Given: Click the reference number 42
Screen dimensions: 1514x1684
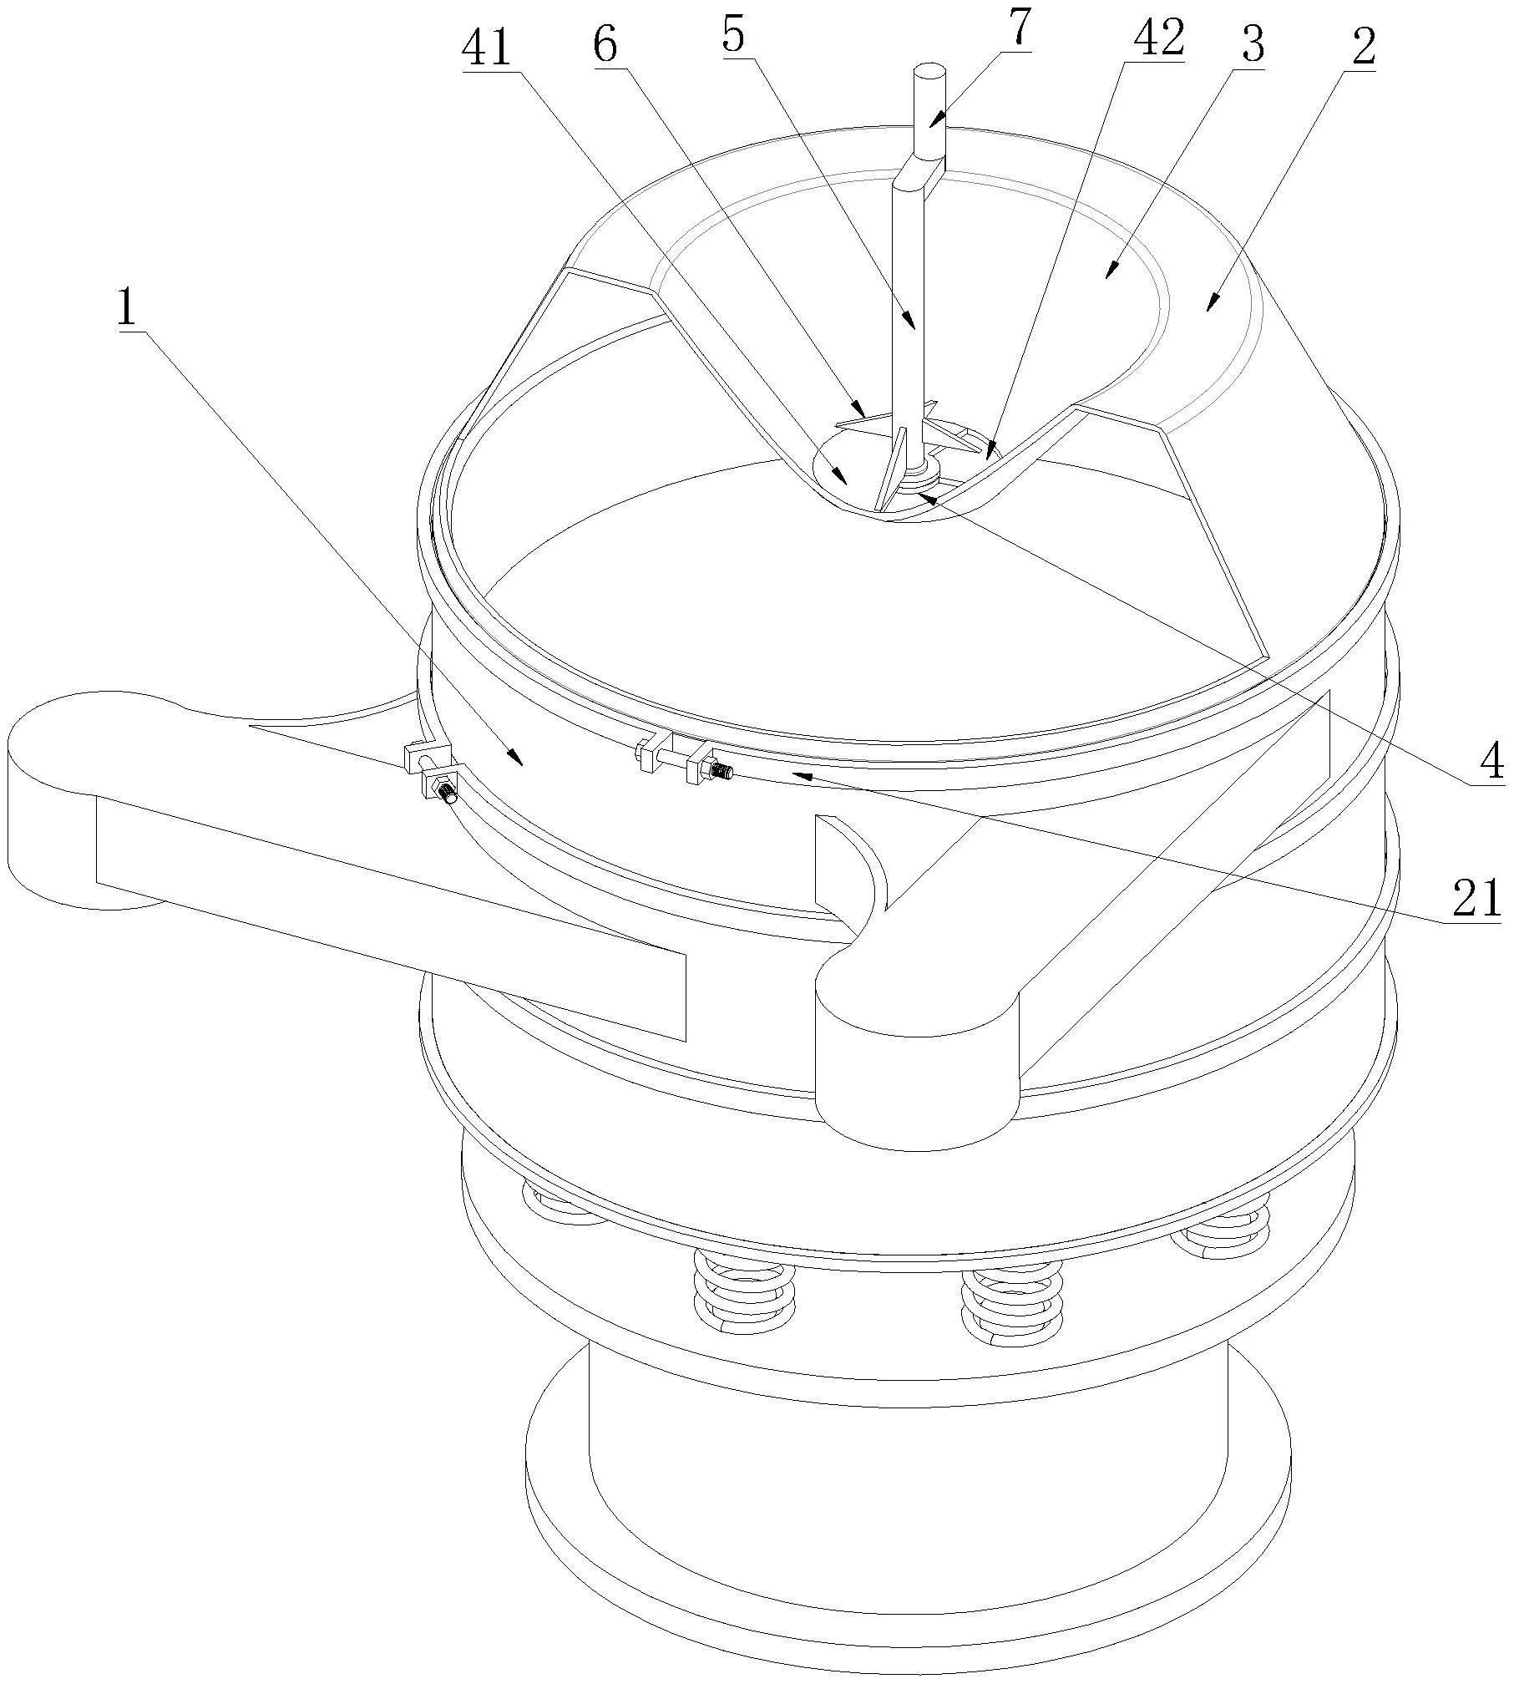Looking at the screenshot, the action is pos(1152,39).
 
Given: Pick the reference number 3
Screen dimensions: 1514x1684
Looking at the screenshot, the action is pos(1253,46).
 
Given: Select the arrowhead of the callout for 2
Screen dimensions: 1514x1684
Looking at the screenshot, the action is pos(1209,310).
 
